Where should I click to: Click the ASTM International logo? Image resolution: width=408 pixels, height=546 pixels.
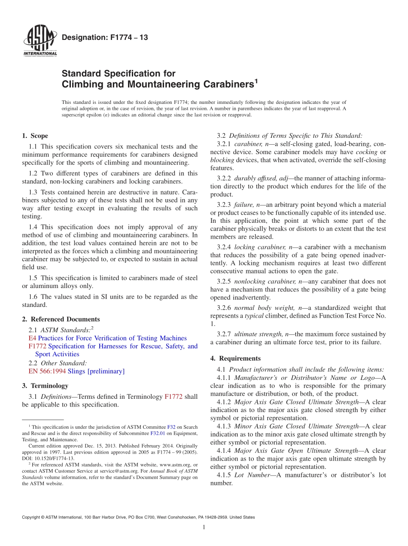[40, 41]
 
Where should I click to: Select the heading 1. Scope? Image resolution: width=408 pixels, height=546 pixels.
[35, 136]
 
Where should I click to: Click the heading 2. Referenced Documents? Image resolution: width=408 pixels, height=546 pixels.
[61, 319]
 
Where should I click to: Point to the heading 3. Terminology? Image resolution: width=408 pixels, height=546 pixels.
[45, 385]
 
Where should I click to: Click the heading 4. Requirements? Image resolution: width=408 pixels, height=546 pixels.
[235, 358]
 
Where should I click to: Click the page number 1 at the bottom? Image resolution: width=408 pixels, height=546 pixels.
[204, 528]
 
